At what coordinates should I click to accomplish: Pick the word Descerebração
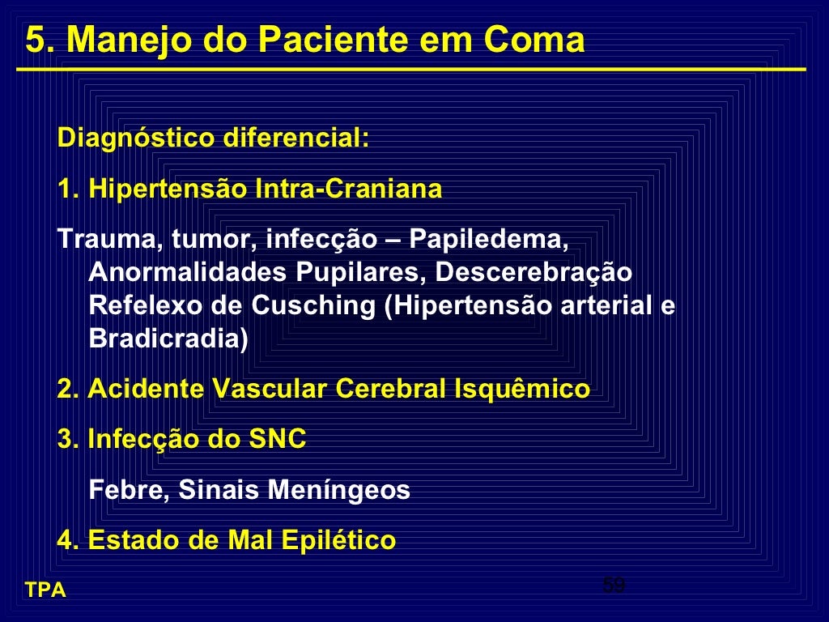coord(534,272)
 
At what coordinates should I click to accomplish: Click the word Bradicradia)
coord(168,339)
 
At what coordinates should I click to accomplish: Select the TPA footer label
coord(45,590)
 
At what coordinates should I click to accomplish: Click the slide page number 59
coord(614,585)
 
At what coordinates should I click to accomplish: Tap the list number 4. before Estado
coord(68,539)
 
